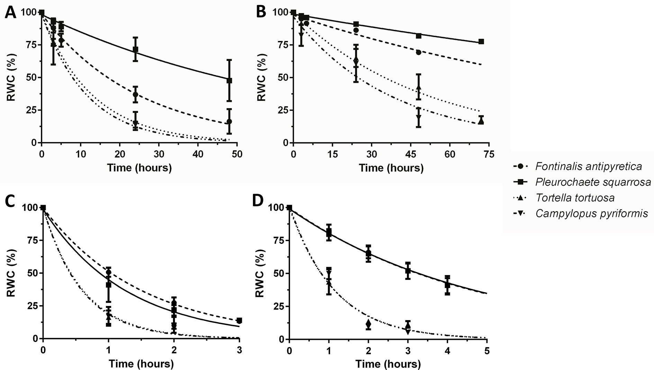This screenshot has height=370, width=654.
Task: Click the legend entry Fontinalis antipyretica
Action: [x=588, y=166]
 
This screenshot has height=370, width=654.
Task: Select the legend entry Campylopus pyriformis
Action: [x=592, y=213]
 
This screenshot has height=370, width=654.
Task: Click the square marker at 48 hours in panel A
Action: [x=229, y=80]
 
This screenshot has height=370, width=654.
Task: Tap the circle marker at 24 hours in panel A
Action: [x=135, y=95]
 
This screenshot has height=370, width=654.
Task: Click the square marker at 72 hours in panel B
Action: [x=481, y=42]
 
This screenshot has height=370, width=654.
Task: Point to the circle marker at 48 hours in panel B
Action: [x=419, y=52]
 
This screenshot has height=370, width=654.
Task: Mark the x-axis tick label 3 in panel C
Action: [x=239, y=350]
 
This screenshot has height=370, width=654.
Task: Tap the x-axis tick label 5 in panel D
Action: [x=487, y=350]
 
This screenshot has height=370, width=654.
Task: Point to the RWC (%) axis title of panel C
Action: [x=11, y=273]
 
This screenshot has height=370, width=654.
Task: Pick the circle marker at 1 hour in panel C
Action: [x=109, y=272]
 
